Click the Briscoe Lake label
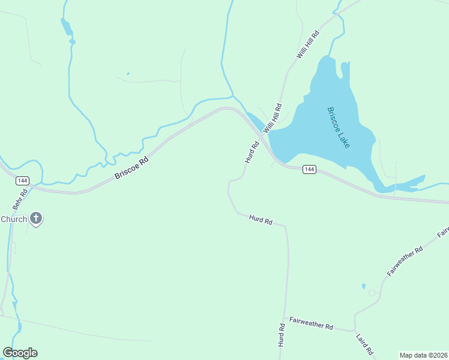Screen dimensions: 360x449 coord(338,128)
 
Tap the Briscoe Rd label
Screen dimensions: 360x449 coord(131,168)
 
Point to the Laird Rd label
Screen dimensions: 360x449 coord(365,344)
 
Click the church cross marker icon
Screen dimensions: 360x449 coord(36,219)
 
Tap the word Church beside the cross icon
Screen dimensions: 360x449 coord(13,219)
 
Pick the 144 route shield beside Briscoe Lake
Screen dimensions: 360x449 coord(309,170)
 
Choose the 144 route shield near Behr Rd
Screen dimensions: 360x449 coord(22,180)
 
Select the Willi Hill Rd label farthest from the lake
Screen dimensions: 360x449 coord(308,44)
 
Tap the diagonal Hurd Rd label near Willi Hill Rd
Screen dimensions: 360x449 coord(252,152)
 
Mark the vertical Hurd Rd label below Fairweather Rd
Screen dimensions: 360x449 coord(281,336)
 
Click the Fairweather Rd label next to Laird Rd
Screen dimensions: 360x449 coord(311,325)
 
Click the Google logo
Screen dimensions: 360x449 coord(20,352)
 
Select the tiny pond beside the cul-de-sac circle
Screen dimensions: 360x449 coord(363,286)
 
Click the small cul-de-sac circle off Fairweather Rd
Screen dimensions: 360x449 coord(372,293)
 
